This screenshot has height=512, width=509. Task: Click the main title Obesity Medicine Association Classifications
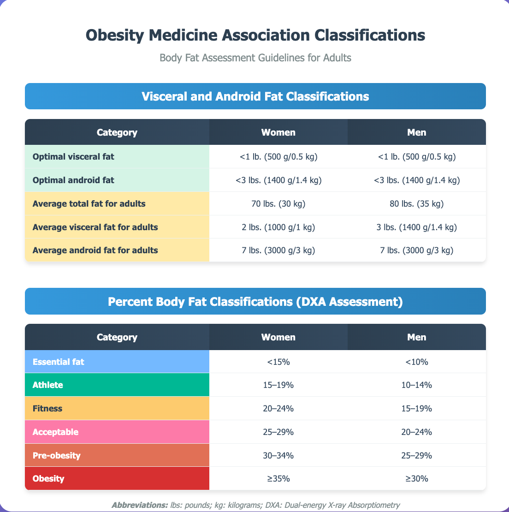255,36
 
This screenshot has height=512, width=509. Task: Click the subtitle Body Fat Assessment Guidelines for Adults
255,58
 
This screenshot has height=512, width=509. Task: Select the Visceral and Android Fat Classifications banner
255,96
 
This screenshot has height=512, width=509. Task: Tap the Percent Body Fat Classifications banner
255,301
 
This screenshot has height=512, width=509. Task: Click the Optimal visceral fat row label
73,157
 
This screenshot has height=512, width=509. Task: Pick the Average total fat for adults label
89,203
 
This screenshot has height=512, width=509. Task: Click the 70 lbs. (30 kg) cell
278,203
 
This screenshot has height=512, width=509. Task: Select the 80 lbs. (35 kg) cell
416,203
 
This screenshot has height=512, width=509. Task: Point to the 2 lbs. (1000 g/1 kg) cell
278,227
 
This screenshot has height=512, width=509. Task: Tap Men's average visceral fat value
416,227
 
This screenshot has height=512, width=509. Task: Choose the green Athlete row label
48,385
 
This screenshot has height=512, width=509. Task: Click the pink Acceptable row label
55,432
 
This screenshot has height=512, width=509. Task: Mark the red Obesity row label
48,479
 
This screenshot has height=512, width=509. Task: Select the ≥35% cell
278,479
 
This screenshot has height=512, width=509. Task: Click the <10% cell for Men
416,362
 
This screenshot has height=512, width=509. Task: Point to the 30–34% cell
278,455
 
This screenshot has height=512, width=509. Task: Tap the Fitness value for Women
278,409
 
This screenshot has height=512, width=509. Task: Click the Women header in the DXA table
278,337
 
